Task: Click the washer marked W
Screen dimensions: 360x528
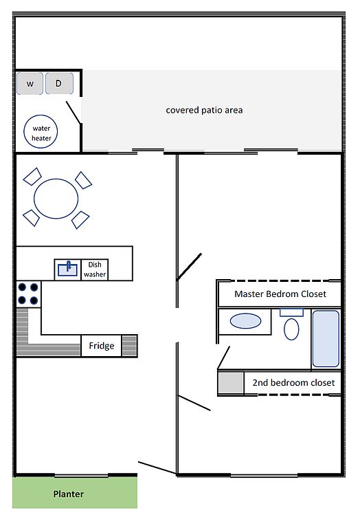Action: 30,83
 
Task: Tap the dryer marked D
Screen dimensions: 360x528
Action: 59,83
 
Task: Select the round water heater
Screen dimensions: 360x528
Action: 41,132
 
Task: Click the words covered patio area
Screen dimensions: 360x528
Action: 204,110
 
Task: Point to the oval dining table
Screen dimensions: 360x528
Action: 56,199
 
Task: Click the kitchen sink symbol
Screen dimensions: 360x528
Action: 67,269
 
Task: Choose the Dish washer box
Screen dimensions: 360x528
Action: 95,269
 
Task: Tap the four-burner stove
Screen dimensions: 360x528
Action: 29,294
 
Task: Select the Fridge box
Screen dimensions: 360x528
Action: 101,346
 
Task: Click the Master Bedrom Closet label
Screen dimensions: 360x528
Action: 280,294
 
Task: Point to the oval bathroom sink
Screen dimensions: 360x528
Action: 245,321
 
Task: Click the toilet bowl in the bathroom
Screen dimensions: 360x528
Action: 291,329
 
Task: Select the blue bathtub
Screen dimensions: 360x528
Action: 326,338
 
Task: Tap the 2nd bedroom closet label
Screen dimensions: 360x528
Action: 294,382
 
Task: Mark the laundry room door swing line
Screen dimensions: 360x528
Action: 74,113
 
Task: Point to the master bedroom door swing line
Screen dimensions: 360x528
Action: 190,266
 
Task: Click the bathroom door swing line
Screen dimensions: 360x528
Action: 224,357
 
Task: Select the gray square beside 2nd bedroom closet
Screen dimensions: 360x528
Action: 231,382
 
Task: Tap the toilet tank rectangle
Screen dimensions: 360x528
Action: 292,313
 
